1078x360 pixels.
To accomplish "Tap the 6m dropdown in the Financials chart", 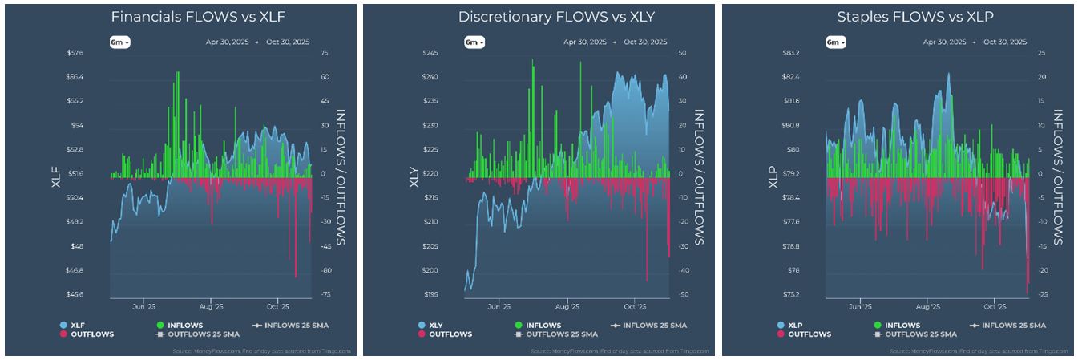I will (x=120, y=42).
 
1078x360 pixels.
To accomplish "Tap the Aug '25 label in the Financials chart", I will (x=211, y=306).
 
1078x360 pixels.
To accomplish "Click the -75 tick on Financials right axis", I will (x=325, y=294).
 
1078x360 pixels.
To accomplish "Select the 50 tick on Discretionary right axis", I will (x=681, y=53).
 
